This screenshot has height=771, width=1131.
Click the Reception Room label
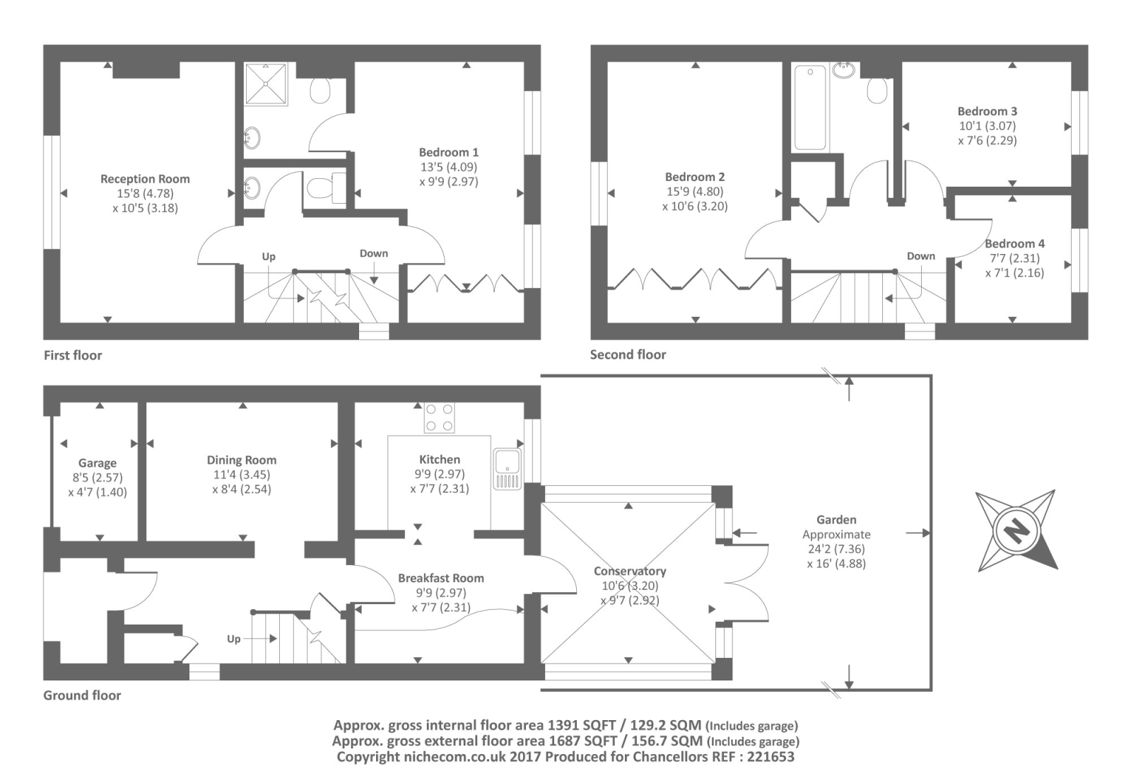145,179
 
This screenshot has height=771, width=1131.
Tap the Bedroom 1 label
448,152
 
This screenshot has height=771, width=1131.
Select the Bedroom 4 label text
1014,243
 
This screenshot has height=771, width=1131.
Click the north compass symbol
1016,530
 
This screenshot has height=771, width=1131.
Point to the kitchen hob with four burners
439,417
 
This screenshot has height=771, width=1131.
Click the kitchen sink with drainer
508,469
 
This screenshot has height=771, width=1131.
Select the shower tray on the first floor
266,83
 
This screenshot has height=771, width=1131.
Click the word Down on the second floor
920,256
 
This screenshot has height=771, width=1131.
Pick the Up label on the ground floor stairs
234,639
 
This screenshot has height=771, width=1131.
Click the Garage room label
98,463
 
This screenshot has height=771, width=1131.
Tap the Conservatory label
629,571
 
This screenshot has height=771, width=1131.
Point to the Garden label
836,519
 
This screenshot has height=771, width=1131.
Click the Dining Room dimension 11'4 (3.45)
242,475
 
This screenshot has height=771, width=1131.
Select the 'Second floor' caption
628,354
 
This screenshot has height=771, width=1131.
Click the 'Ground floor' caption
82,695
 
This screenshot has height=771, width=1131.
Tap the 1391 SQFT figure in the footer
579,725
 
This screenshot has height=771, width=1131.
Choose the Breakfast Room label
440,578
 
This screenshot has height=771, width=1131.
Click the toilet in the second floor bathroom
877,90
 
